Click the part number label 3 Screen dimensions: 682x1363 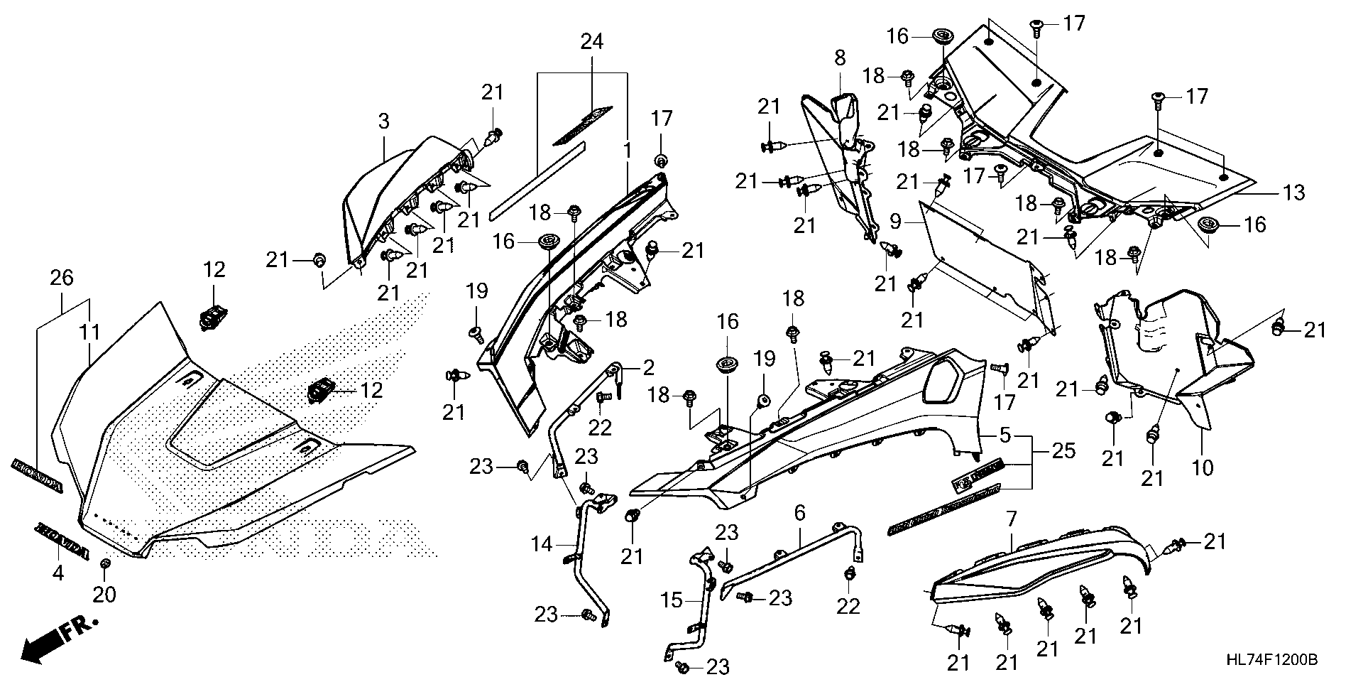click(383, 121)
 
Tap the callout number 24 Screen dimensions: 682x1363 click(591, 42)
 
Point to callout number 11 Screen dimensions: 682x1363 click(91, 332)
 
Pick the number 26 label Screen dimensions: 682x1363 click(62, 277)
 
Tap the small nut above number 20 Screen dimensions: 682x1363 click(105, 564)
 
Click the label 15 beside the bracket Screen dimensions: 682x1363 click(671, 601)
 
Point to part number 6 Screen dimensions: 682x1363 click(800, 511)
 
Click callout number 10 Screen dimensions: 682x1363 click(1203, 467)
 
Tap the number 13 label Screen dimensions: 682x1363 click(1293, 192)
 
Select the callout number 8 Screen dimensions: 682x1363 click(841, 58)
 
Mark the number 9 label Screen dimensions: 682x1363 click(897, 222)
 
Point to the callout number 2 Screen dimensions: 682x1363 click(648, 367)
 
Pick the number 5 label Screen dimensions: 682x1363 click(1005, 435)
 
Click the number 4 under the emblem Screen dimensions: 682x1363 click(58, 572)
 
